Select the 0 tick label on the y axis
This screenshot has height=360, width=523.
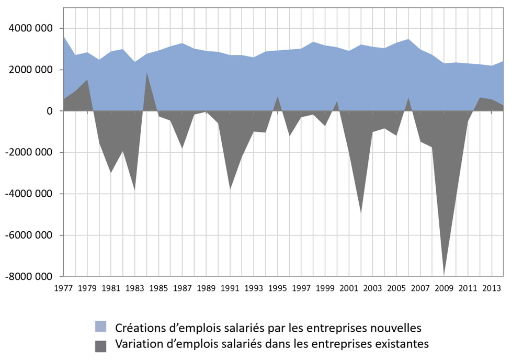point(49,111)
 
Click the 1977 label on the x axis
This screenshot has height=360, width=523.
point(63,288)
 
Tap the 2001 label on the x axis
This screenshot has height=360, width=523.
point(348,288)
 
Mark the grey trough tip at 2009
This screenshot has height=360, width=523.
point(444,274)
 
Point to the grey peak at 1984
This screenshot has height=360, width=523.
point(147,72)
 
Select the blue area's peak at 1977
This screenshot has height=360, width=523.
point(63,36)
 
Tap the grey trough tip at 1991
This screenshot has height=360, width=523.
point(230,189)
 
